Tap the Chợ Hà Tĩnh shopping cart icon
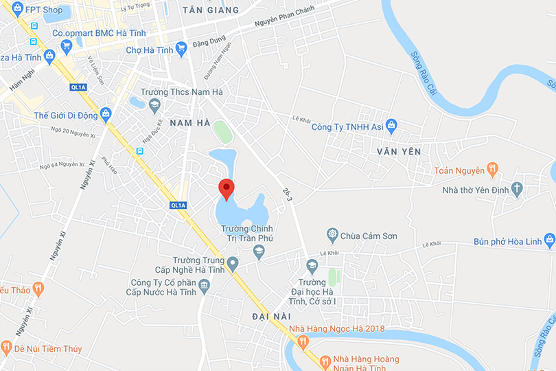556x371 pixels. tap(181, 49)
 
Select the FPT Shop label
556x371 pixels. tap(43, 10)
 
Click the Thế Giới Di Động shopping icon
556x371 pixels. tap(106, 115)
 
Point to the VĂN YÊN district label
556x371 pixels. tap(398, 150)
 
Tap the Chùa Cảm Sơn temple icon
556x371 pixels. tap(333, 236)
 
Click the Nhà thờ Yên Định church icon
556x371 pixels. tap(517, 189)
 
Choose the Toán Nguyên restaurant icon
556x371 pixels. tap(491, 170)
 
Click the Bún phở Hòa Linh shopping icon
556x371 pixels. tap(549, 241)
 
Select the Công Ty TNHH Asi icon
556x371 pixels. tap(391, 126)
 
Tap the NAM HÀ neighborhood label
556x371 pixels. tap(189, 122)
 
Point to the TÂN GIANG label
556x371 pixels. tap(212, 10)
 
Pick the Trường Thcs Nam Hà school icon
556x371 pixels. tap(154, 105)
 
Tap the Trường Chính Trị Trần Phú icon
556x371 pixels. tap(259, 252)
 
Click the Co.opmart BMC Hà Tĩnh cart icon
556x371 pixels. tap(66, 46)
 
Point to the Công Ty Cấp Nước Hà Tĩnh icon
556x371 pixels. tap(205, 284)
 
